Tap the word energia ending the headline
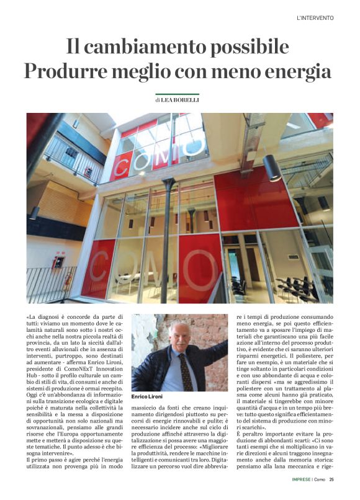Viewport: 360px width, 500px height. [300, 71]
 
